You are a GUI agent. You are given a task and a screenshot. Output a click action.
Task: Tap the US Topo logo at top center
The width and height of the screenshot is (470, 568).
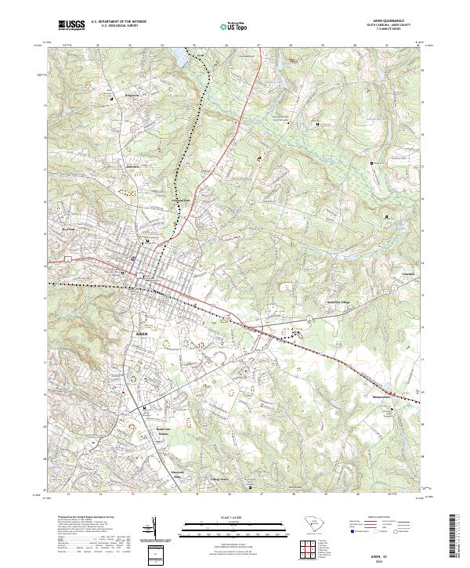[227, 27]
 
